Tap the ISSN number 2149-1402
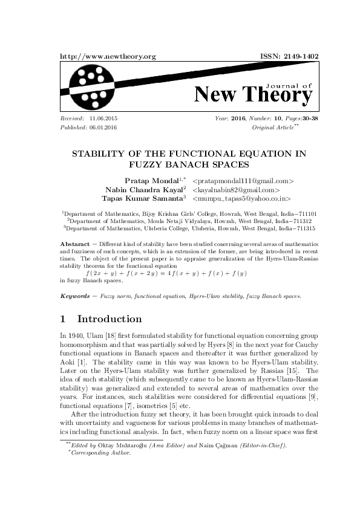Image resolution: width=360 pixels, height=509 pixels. coord(300,56)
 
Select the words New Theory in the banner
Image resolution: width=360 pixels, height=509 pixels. coord(253,95)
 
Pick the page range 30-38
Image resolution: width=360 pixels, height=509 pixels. coord(306,120)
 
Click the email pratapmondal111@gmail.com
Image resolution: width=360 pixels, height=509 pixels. coord(243,181)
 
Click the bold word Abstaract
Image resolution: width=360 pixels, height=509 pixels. coord(76,241)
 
